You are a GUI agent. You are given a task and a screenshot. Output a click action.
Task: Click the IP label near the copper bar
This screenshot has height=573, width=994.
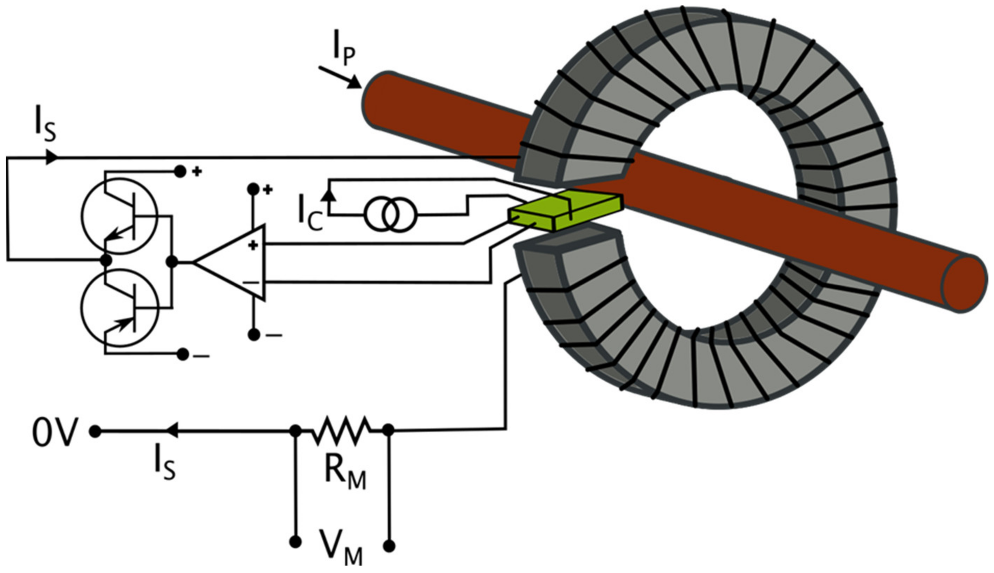(x=343, y=52)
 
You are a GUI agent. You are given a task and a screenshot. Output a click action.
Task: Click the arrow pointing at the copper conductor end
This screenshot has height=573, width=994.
(x=341, y=78)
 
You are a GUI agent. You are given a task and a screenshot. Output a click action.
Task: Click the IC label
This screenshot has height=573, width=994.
(x=310, y=217)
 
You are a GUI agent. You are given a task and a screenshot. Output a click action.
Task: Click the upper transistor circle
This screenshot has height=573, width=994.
(x=119, y=216)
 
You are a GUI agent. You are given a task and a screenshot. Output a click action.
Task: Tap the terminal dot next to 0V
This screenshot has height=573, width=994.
(x=95, y=432)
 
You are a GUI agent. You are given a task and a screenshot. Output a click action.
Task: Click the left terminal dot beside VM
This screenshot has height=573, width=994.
(x=295, y=542)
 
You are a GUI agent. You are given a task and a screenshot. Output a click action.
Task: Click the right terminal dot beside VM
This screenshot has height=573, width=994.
(x=389, y=546)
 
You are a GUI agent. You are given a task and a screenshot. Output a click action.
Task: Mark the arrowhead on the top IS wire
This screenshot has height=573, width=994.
(x=52, y=157)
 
